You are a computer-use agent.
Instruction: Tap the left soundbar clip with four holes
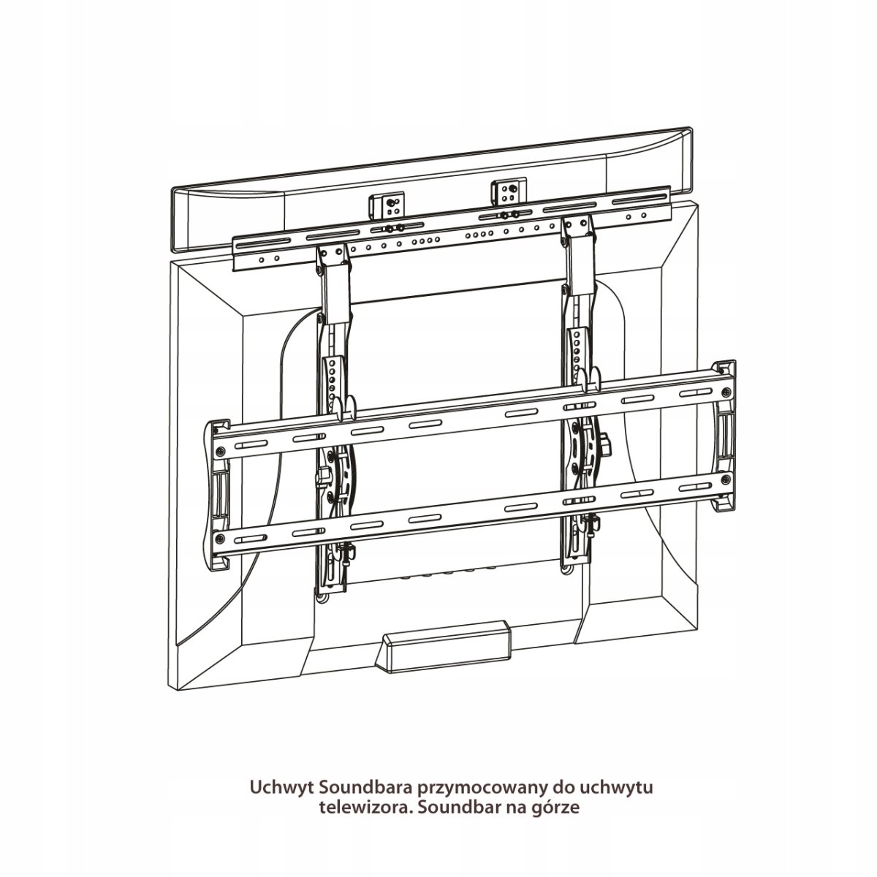[x=387, y=205]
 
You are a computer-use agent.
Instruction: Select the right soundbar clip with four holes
[x=509, y=191]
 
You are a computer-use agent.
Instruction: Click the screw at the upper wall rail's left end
[x=220, y=450]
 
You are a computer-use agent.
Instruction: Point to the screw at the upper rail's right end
[x=726, y=390]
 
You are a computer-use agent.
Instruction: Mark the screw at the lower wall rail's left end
[x=220, y=539]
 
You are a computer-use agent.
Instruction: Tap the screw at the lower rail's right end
[x=726, y=478]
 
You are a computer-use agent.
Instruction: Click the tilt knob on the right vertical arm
[x=605, y=441]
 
